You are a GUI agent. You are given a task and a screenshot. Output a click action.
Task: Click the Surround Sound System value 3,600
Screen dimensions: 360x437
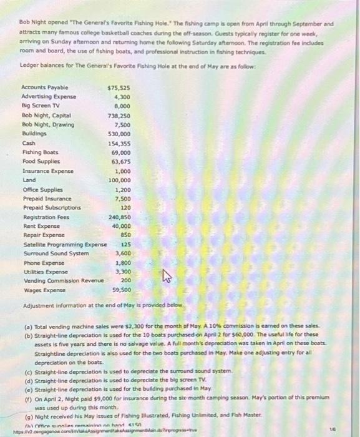tap(122, 253)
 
